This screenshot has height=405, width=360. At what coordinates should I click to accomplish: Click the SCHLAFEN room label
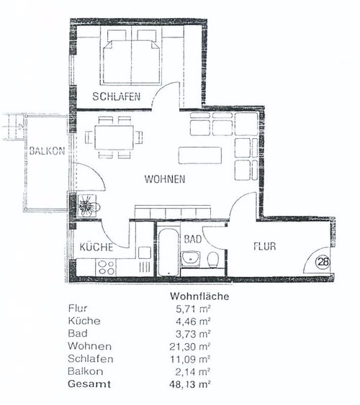(x=117, y=96)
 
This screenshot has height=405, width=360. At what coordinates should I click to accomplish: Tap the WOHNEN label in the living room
(x=165, y=179)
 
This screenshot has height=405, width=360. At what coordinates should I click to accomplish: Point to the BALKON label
(x=47, y=151)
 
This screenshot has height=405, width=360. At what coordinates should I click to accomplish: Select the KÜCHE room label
(x=96, y=247)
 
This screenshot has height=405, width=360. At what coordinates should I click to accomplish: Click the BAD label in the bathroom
(x=193, y=239)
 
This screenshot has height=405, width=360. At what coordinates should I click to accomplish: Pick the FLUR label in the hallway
(x=264, y=246)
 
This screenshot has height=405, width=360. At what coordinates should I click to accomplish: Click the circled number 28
(x=323, y=262)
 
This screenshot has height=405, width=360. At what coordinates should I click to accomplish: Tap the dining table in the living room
(x=114, y=137)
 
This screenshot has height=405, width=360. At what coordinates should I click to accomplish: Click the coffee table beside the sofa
(x=200, y=155)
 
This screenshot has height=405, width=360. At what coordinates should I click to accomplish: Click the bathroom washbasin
(x=190, y=259)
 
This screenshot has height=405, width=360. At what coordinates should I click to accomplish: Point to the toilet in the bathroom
(x=213, y=260)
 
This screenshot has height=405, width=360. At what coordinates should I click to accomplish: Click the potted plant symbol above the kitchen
(x=87, y=205)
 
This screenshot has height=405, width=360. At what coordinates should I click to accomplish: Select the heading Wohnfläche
(x=199, y=296)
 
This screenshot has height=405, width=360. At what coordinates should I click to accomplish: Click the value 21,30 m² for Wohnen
(x=190, y=346)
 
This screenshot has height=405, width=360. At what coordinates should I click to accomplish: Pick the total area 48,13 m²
(x=190, y=384)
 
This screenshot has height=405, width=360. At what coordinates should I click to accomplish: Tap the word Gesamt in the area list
(x=89, y=384)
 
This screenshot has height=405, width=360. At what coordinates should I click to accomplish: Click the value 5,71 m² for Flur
(x=193, y=309)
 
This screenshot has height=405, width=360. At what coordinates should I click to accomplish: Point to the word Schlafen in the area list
(x=91, y=359)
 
